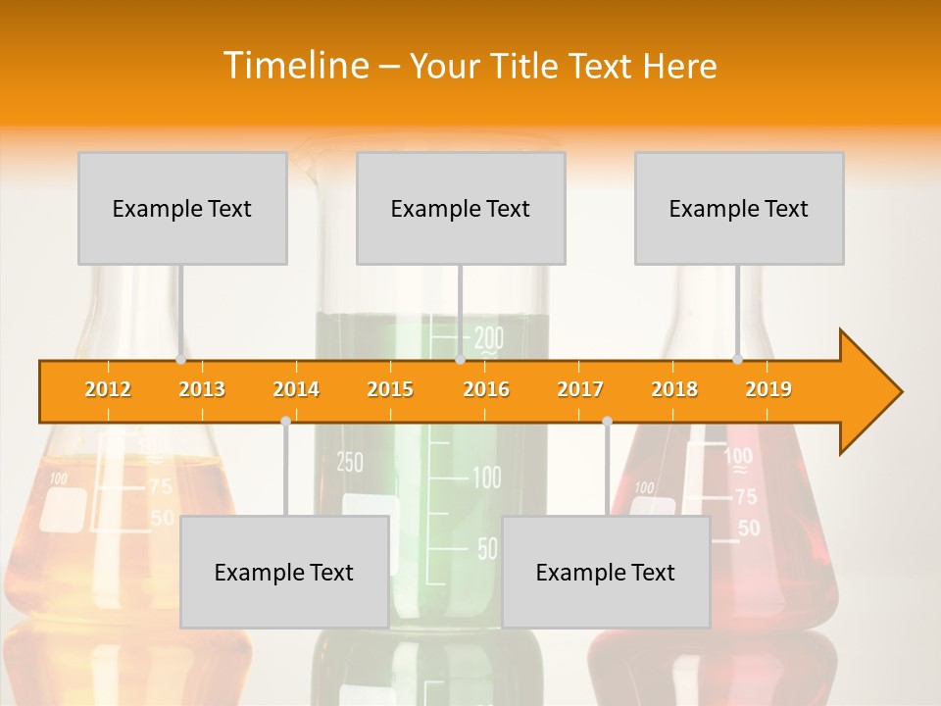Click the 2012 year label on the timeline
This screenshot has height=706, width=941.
click(x=108, y=389)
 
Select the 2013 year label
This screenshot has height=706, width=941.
click(x=202, y=389)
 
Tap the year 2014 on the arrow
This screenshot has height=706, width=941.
click(x=296, y=389)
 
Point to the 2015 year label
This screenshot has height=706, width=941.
click(x=390, y=389)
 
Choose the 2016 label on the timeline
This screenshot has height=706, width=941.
click(x=486, y=389)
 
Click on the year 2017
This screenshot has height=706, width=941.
click(x=580, y=389)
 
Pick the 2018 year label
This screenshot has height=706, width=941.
click(x=674, y=389)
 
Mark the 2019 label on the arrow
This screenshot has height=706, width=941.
click(x=768, y=389)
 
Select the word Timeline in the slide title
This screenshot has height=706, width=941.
click(x=294, y=66)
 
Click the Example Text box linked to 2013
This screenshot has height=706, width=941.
click(x=182, y=208)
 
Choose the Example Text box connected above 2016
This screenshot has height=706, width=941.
click(x=461, y=208)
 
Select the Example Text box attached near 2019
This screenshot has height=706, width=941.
click(x=739, y=208)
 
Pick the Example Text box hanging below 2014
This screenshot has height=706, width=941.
click(x=284, y=572)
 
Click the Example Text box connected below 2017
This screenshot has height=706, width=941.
click(x=606, y=572)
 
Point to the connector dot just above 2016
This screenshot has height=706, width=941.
click(x=460, y=359)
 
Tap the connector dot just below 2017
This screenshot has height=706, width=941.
click(x=607, y=421)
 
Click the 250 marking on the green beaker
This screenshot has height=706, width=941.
click(x=350, y=462)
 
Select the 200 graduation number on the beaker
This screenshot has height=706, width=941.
click(x=488, y=339)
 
